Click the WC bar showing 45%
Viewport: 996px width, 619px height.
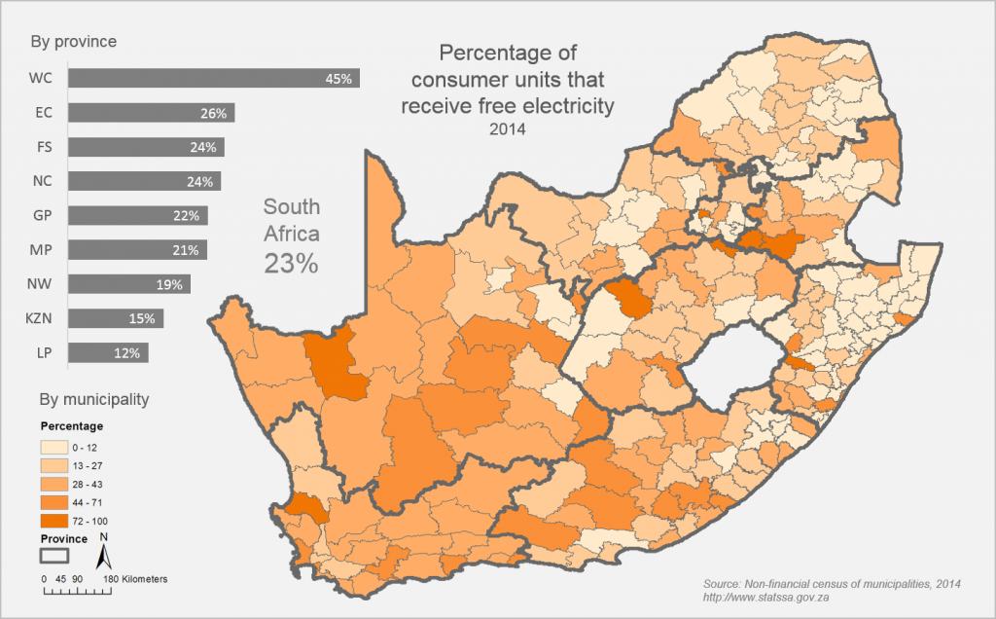(x=214, y=78)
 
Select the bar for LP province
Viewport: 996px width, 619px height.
(x=108, y=352)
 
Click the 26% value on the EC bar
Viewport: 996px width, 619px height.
(x=213, y=113)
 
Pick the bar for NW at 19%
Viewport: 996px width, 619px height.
(x=128, y=284)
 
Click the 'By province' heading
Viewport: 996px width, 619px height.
(x=74, y=42)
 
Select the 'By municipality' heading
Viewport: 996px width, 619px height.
(x=92, y=399)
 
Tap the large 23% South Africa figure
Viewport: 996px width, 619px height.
(x=292, y=263)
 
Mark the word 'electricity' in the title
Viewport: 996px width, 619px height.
(x=570, y=105)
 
